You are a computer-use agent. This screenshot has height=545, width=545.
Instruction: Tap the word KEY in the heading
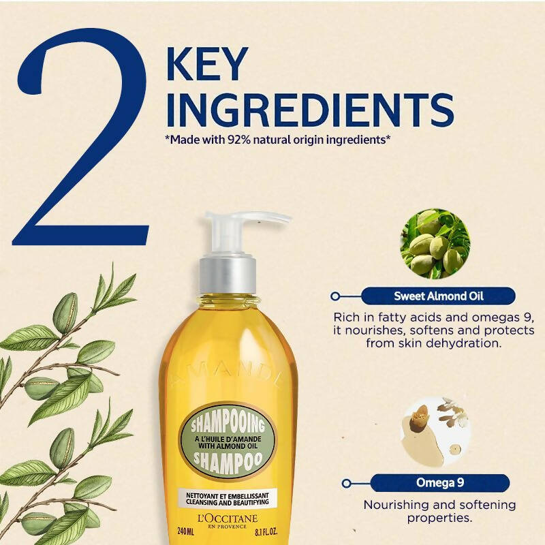[x=208, y=64]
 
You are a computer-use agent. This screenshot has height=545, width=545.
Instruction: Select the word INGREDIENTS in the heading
[x=311, y=110]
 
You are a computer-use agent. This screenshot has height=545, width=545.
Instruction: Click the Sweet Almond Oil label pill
[x=438, y=296]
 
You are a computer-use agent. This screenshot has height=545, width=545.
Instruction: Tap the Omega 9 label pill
[x=439, y=483]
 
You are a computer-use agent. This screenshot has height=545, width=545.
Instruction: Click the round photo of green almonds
[x=435, y=243]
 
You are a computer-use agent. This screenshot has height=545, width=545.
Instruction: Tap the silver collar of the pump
[x=228, y=275]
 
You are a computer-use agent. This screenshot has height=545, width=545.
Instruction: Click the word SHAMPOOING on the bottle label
[x=228, y=424]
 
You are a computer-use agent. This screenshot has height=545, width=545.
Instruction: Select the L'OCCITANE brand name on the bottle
[x=228, y=519]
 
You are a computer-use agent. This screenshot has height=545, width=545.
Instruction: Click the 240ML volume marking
[x=186, y=531]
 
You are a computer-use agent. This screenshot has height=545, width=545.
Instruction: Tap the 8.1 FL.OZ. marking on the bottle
[x=266, y=532]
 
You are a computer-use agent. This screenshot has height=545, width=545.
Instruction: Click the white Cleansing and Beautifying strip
[x=228, y=499]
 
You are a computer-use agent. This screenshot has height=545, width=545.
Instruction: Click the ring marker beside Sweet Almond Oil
[x=335, y=296]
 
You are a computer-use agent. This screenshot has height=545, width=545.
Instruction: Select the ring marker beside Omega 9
[x=346, y=483]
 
